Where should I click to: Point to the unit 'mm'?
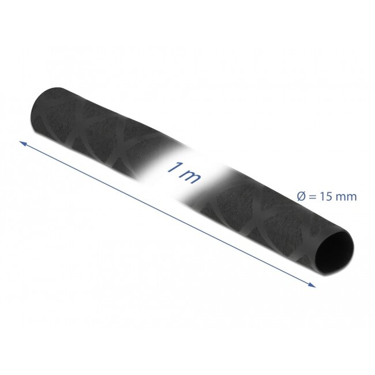[347, 197]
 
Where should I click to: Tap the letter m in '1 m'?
[192, 176]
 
